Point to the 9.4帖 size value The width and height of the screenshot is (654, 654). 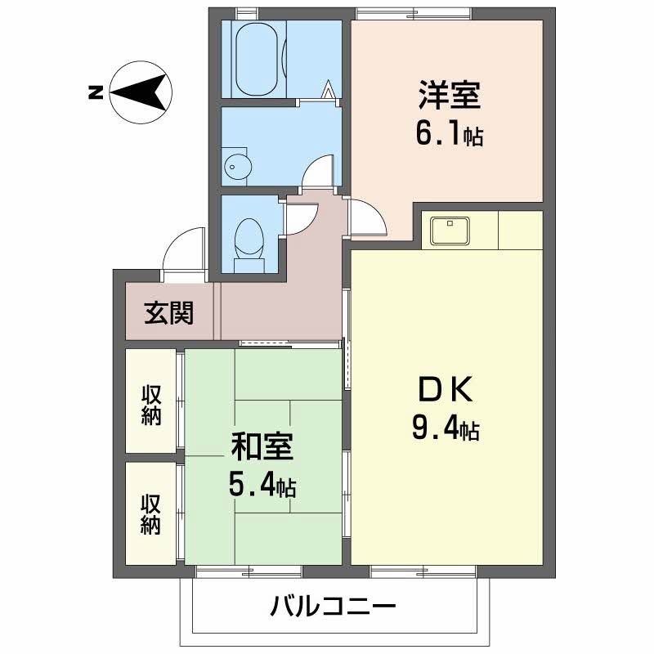click(446, 428)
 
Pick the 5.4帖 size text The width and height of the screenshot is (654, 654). click(262, 486)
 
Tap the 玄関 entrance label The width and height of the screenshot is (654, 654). click(169, 313)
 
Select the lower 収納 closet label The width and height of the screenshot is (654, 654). click(150, 514)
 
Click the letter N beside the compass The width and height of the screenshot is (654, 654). click(95, 93)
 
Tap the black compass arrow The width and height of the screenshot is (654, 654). click(141, 92)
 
